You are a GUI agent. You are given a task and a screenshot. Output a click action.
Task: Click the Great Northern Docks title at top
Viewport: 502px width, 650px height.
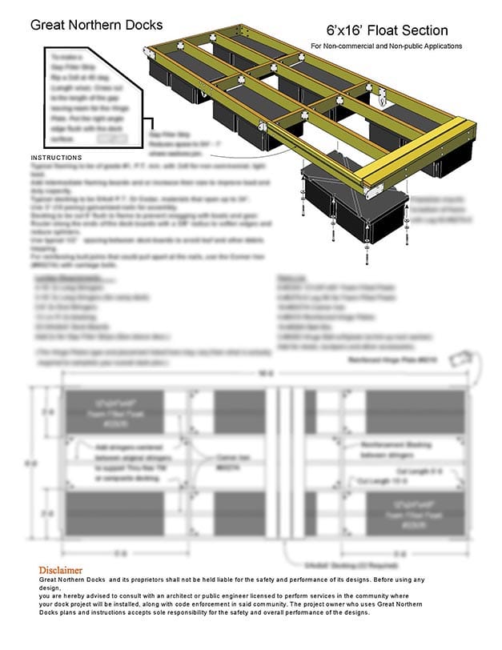96,25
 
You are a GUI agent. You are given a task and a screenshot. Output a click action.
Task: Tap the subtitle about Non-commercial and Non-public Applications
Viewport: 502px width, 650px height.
387,46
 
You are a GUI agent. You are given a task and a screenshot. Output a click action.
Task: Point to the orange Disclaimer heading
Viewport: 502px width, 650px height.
62,569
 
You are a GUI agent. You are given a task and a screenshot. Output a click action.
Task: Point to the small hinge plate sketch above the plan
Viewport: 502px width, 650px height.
462,359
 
